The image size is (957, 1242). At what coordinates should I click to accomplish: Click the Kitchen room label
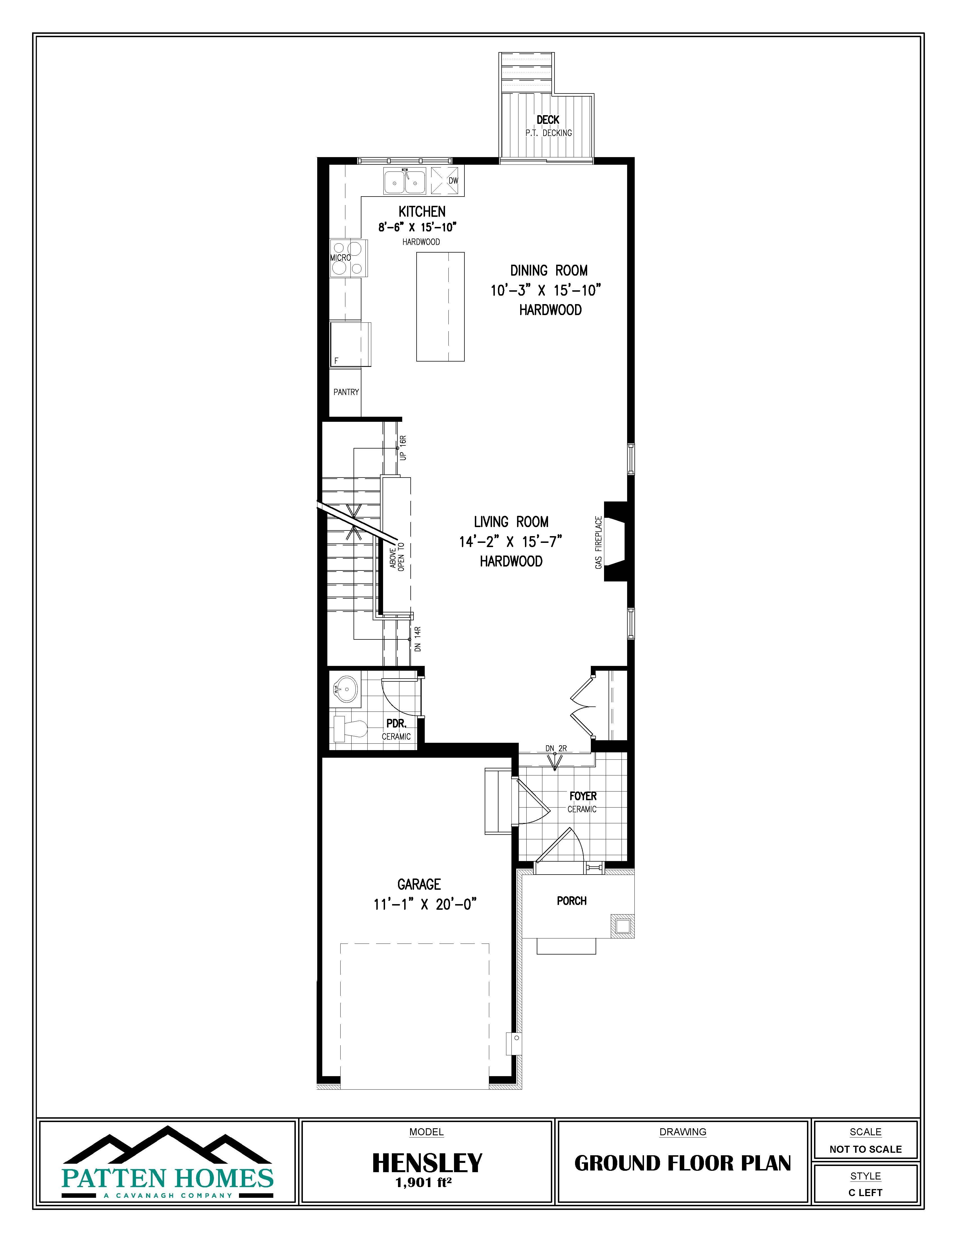point(422,211)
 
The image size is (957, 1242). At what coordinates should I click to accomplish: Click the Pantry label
point(346,392)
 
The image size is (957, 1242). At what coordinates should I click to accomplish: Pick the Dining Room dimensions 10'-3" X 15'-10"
point(546,291)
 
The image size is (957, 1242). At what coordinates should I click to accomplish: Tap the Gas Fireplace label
point(598,543)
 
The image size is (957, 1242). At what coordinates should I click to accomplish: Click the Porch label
point(571,901)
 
